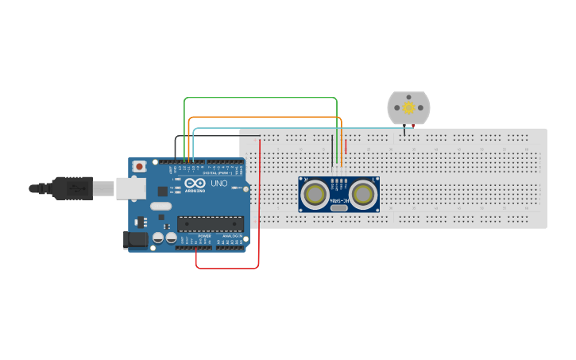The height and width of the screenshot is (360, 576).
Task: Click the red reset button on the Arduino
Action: pyautogui.click(x=139, y=166)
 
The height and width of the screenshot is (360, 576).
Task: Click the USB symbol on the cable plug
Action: pyautogui.click(x=75, y=188)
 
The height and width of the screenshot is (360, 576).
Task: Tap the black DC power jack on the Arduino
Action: pyautogui.click(x=134, y=238)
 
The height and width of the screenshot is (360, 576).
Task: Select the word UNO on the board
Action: pyautogui.click(x=218, y=184)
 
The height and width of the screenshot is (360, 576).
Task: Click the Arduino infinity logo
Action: pyautogui.click(x=194, y=183)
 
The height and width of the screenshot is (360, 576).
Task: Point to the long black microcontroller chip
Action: pyautogui.click(x=210, y=223)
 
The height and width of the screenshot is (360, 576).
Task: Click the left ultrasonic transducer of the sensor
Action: pyautogui.click(x=315, y=194)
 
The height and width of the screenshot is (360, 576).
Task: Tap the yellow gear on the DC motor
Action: pyautogui.click(x=408, y=107)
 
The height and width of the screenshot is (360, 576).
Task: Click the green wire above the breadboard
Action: pyautogui.click(x=262, y=98)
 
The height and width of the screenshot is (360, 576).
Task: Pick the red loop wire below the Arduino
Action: pyautogui.click(x=227, y=269)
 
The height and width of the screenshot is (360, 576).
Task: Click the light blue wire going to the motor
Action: pyautogui.click(x=302, y=127)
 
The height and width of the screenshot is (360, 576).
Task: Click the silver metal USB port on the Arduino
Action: pyautogui.click(x=131, y=188)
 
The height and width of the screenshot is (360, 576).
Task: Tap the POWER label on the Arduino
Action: pyautogui.click(x=204, y=236)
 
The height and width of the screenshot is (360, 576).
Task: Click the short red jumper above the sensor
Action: pyautogui.click(x=346, y=146)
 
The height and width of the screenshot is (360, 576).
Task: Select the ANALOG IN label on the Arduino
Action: pyautogui.click(x=232, y=236)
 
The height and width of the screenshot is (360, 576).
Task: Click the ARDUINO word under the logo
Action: pyautogui.click(x=195, y=191)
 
